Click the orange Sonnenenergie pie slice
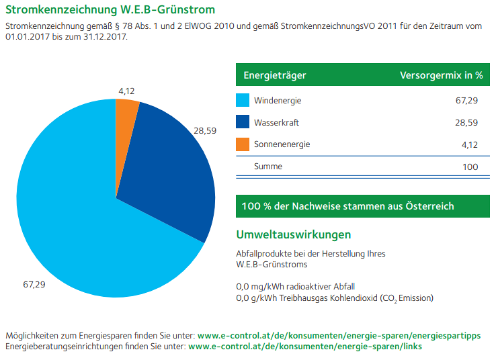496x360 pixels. click(x=126, y=114)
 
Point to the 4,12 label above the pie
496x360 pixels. click(x=127, y=91)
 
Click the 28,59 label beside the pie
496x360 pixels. click(x=205, y=131)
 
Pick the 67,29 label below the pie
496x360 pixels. click(x=34, y=285)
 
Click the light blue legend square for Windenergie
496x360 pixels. click(x=243, y=101)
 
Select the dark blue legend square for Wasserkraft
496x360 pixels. click(x=243, y=122)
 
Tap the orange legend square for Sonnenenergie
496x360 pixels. click(x=243, y=144)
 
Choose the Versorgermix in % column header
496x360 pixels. click(x=441, y=75)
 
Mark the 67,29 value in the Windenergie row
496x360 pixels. click(x=466, y=101)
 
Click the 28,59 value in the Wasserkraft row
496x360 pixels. click(x=466, y=123)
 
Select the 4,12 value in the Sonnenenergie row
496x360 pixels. click(x=470, y=144)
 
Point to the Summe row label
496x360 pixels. click(x=267, y=166)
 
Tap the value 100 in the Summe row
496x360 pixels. click(x=470, y=166)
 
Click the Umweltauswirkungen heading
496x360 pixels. click(x=293, y=235)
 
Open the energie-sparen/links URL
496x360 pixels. click(x=305, y=347)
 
